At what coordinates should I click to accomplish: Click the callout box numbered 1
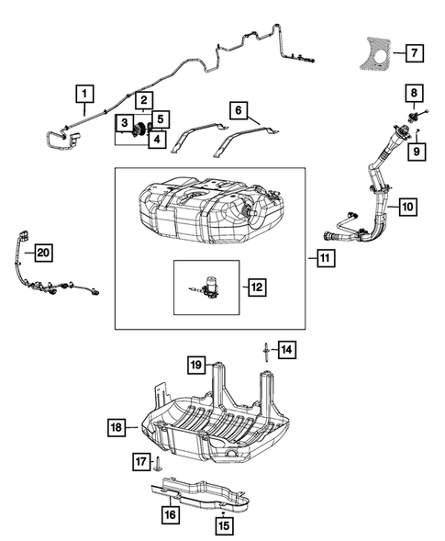click(83, 93)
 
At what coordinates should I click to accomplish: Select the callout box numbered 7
click(415, 52)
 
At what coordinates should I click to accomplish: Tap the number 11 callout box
click(326, 260)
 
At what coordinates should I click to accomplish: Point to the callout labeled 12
click(256, 287)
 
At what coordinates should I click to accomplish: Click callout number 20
click(43, 252)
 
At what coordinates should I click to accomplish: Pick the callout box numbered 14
click(287, 349)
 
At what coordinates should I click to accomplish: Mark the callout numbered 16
click(171, 515)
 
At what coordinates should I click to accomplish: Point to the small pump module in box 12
click(206, 287)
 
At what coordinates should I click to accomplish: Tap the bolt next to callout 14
click(263, 349)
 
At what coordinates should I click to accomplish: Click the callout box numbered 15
click(224, 525)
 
